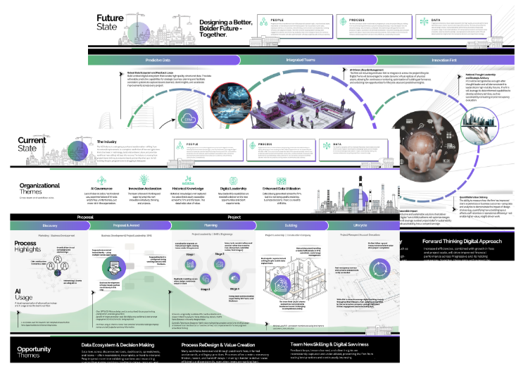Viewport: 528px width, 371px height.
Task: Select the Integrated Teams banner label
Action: (x=300, y=61)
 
